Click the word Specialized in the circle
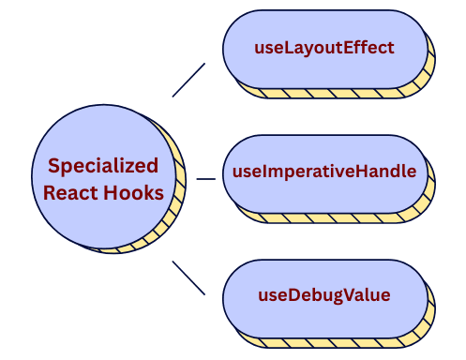103,166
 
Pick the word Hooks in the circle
133,193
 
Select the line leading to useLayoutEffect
188,80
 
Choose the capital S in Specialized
54,166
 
